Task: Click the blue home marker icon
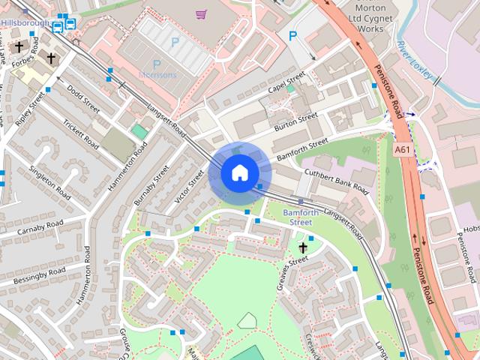(x=239, y=172)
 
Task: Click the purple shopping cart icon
(x=200, y=14)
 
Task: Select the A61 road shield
(x=403, y=150)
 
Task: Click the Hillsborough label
(x=24, y=23)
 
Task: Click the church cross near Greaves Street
(x=303, y=247)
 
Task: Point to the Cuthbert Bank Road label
(x=336, y=179)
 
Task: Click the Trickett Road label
(x=80, y=134)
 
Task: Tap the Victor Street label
(x=189, y=187)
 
